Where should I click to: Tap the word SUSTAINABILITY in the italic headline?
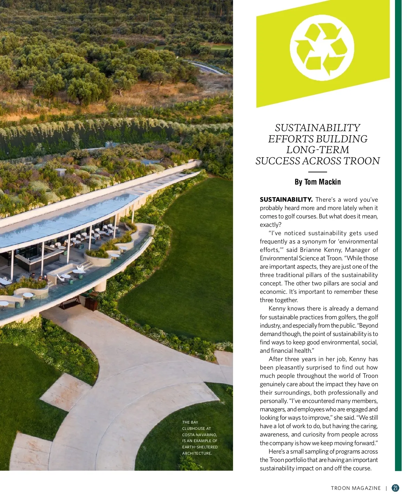click(x=317, y=128)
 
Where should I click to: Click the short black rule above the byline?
click(x=317, y=172)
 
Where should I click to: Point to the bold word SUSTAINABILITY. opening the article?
click(x=286, y=200)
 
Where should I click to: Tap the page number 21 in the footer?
click(x=395, y=488)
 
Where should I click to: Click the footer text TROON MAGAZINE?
click(x=356, y=488)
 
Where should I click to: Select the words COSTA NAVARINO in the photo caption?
click(x=199, y=435)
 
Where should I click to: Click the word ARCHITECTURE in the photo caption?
click(x=196, y=453)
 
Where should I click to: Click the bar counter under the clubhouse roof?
click(x=35, y=258)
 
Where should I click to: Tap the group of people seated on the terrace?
click(x=38, y=278)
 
